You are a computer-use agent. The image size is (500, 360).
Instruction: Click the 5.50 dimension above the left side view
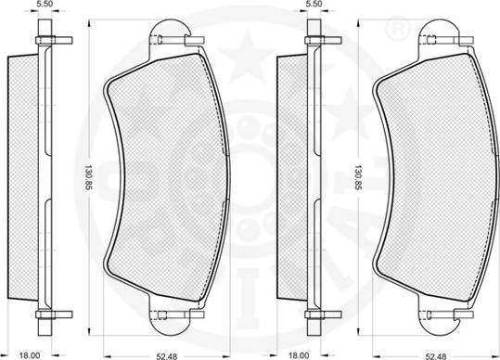click(45, 4)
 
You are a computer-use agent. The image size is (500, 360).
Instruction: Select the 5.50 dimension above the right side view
click(314, 4)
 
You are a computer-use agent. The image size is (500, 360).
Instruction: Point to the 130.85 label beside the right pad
click(358, 178)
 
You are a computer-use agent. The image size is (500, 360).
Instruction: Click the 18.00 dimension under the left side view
click(30, 355)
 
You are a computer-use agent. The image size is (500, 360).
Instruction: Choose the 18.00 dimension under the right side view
click(299, 355)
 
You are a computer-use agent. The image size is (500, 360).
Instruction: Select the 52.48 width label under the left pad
click(166, 356)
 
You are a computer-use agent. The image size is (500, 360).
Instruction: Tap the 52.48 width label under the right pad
click(437, 356)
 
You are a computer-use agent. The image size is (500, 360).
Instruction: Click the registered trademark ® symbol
click(397, 30)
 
